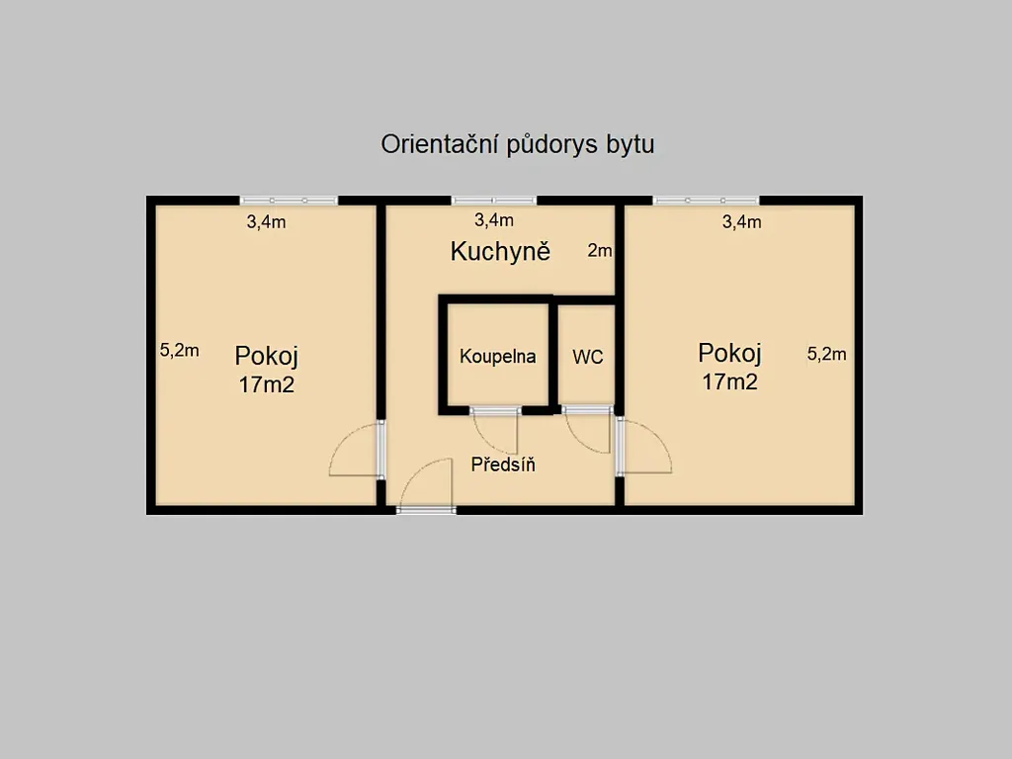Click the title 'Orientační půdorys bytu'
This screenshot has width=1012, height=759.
click(x=518, y=144)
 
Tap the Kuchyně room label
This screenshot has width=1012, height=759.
click(x=500, y=251)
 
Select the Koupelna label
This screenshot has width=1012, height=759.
click(x=498, y=356)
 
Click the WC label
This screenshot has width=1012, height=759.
click(x=587, y=357)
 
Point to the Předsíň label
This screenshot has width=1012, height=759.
click(x=503, y=464)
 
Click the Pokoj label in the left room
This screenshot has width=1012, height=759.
click(x=266, y=356)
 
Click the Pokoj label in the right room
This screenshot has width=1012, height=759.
click(x=730, y=353)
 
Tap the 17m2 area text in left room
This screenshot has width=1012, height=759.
click(x=267, y=384)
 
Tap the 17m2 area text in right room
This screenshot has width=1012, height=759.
click(x=730, y=382)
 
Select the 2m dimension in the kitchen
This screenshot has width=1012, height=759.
click(x=600, y=250)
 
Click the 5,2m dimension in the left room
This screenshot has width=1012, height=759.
click(x=180, y=351)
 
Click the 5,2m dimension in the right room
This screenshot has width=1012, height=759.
click(x=827, y=354)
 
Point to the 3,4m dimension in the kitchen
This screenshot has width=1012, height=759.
click(x=494, y=220)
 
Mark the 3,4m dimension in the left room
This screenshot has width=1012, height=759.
click(x=266, y=222)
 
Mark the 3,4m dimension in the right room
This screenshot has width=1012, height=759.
click(x=741, y=222)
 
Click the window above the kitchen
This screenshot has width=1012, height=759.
click(x=494, y=201)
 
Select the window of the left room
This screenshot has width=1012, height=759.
click(x=289, y=201)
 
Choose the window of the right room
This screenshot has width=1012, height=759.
click(x=706, y=201)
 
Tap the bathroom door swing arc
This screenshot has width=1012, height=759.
click(x=489, y=439)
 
